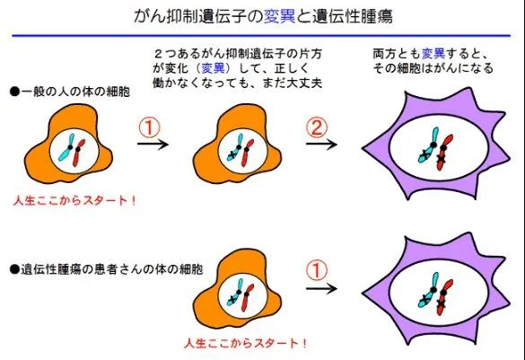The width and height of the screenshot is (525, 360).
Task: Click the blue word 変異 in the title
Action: tap(280, 16)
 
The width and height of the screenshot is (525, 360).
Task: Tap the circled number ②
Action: tap(317, 127)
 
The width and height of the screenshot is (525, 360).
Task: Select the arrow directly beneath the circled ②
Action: tap(321, 145)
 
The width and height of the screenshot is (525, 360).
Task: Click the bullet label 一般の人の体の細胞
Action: tap(70, 92)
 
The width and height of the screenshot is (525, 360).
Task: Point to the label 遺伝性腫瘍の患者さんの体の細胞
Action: tap(107, 269)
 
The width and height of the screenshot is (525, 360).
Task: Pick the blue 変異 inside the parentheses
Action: tap(213, 68)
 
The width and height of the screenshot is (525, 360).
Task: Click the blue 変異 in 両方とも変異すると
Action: tap(433, 54)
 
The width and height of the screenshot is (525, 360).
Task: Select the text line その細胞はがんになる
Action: tap(433, 68)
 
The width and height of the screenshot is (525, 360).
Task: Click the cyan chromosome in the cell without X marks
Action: tap(67, 147)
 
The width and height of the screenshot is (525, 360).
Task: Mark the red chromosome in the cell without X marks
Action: tap(79, 153)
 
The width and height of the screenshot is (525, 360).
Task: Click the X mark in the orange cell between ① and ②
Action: tap(232, 155)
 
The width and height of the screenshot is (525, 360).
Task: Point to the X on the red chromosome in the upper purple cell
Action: tap(441, 158)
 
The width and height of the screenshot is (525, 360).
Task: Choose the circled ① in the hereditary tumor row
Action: tap(317, 270)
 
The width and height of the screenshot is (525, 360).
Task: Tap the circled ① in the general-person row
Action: tap(150, 127)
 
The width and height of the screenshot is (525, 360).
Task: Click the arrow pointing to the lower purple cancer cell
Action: tap(321, 289)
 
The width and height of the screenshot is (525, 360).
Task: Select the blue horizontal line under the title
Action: tap(261, 35)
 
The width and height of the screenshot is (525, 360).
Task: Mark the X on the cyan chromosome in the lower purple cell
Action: tap(424, 299)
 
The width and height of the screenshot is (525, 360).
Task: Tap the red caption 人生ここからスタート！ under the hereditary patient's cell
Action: tap(245, 343)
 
